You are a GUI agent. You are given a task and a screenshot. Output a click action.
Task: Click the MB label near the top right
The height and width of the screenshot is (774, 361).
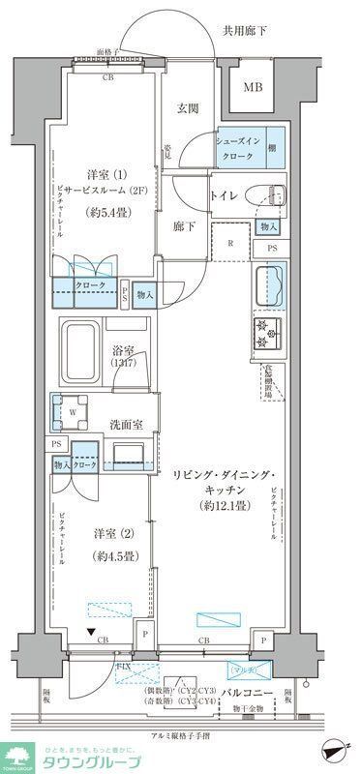coord(252,87)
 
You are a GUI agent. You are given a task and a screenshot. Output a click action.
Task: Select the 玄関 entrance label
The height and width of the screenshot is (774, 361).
coord(187,110)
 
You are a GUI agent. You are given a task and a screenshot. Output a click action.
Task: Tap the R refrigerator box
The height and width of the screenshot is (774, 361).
coord(231,244)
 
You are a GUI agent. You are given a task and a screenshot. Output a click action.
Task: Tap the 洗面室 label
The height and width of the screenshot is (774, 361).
coord(126,425)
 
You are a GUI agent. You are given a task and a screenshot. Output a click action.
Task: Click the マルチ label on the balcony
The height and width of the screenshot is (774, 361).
coord(240,668)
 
